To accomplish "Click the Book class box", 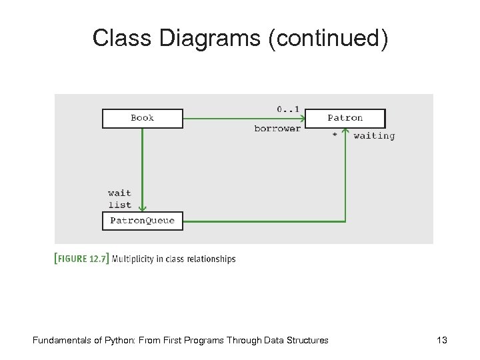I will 142,118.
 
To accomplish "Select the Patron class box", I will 345,118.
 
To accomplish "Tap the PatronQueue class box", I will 142,221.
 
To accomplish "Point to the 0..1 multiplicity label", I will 287,108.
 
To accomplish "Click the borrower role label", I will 277,129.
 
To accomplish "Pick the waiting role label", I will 374,136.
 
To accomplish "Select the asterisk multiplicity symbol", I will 334,135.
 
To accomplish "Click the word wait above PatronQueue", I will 119,193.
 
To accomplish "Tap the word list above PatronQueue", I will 119,205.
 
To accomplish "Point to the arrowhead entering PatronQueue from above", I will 142,208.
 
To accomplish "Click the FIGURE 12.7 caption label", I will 81,259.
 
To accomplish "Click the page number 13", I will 441,341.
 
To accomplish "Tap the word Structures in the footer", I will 306,341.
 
